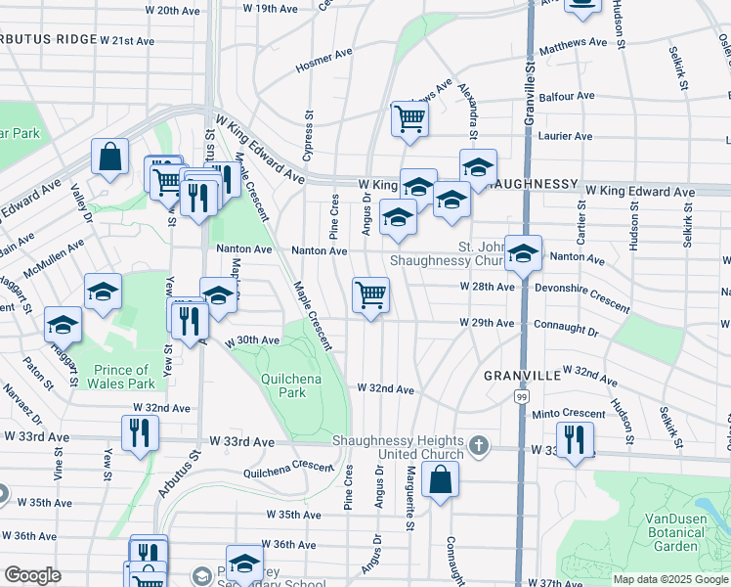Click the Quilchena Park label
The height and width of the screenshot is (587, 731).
tap(283, 385)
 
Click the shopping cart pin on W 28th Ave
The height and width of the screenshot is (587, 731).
tap(370, 293)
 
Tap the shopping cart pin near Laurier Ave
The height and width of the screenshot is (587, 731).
tap(409, 118)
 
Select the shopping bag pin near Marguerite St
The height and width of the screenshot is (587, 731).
tap(441, 479)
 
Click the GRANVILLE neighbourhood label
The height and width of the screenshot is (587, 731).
tap(522, 375)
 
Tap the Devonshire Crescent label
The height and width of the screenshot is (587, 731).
tap(582, 296)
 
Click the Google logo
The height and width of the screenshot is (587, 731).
tap(33, 575)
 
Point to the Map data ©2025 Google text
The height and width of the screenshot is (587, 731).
tap(670, 579)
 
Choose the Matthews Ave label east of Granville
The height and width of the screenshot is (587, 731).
tap(574, 45)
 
